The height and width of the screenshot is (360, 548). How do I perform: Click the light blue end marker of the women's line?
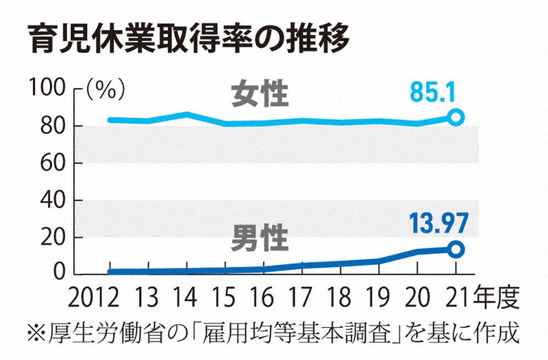click(x=456, y=117)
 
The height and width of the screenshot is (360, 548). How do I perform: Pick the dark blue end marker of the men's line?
click(x=456, y=249)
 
